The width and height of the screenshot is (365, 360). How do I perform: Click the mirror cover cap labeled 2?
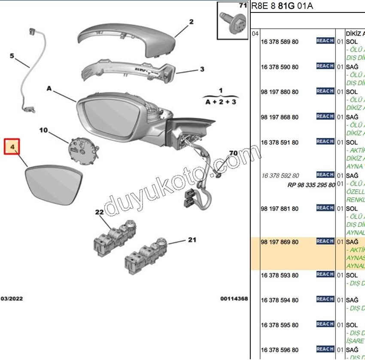pos(129,39)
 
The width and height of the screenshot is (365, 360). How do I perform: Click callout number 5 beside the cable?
pos(12,56)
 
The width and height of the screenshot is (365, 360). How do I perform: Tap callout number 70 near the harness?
pos(233,153)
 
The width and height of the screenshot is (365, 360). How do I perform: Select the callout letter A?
pos(49,88)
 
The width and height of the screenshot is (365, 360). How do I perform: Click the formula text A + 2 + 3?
pos(221,102)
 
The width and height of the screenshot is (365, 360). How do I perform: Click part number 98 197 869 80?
pos(280,242)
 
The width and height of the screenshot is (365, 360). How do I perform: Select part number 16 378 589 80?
pos(280,42)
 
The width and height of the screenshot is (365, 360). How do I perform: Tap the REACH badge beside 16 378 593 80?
pos(325,274)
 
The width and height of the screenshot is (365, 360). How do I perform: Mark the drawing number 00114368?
pos(234,298)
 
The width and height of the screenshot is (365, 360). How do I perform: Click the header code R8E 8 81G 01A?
pos(282,6)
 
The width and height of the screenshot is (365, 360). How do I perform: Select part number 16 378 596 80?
pos(280,350)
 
